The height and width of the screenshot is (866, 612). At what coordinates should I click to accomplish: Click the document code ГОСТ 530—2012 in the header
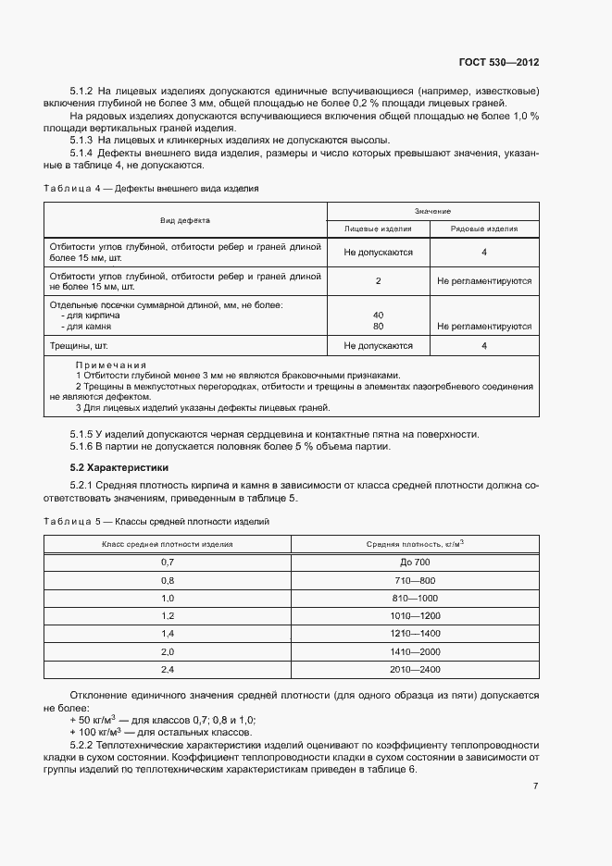point(498,63)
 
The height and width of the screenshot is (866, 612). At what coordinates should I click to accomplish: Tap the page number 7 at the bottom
point(535,786)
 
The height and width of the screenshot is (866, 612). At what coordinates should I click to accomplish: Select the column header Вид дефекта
point(185,221)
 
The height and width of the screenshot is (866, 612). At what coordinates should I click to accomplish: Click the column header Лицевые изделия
point(378,229)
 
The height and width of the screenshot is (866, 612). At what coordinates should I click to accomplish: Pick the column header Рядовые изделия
point(484,229)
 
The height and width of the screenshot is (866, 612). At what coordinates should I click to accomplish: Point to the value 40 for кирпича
point(378,315)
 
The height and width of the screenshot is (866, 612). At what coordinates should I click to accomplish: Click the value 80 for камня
point(378,326)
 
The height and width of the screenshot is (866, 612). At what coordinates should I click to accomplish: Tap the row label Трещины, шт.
point(81,345)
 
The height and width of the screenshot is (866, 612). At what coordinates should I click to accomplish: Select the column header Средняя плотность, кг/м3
point(415,544)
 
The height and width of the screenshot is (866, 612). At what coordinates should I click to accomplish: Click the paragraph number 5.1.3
point(82,140)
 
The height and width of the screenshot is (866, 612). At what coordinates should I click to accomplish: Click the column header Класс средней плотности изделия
point(168,545)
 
